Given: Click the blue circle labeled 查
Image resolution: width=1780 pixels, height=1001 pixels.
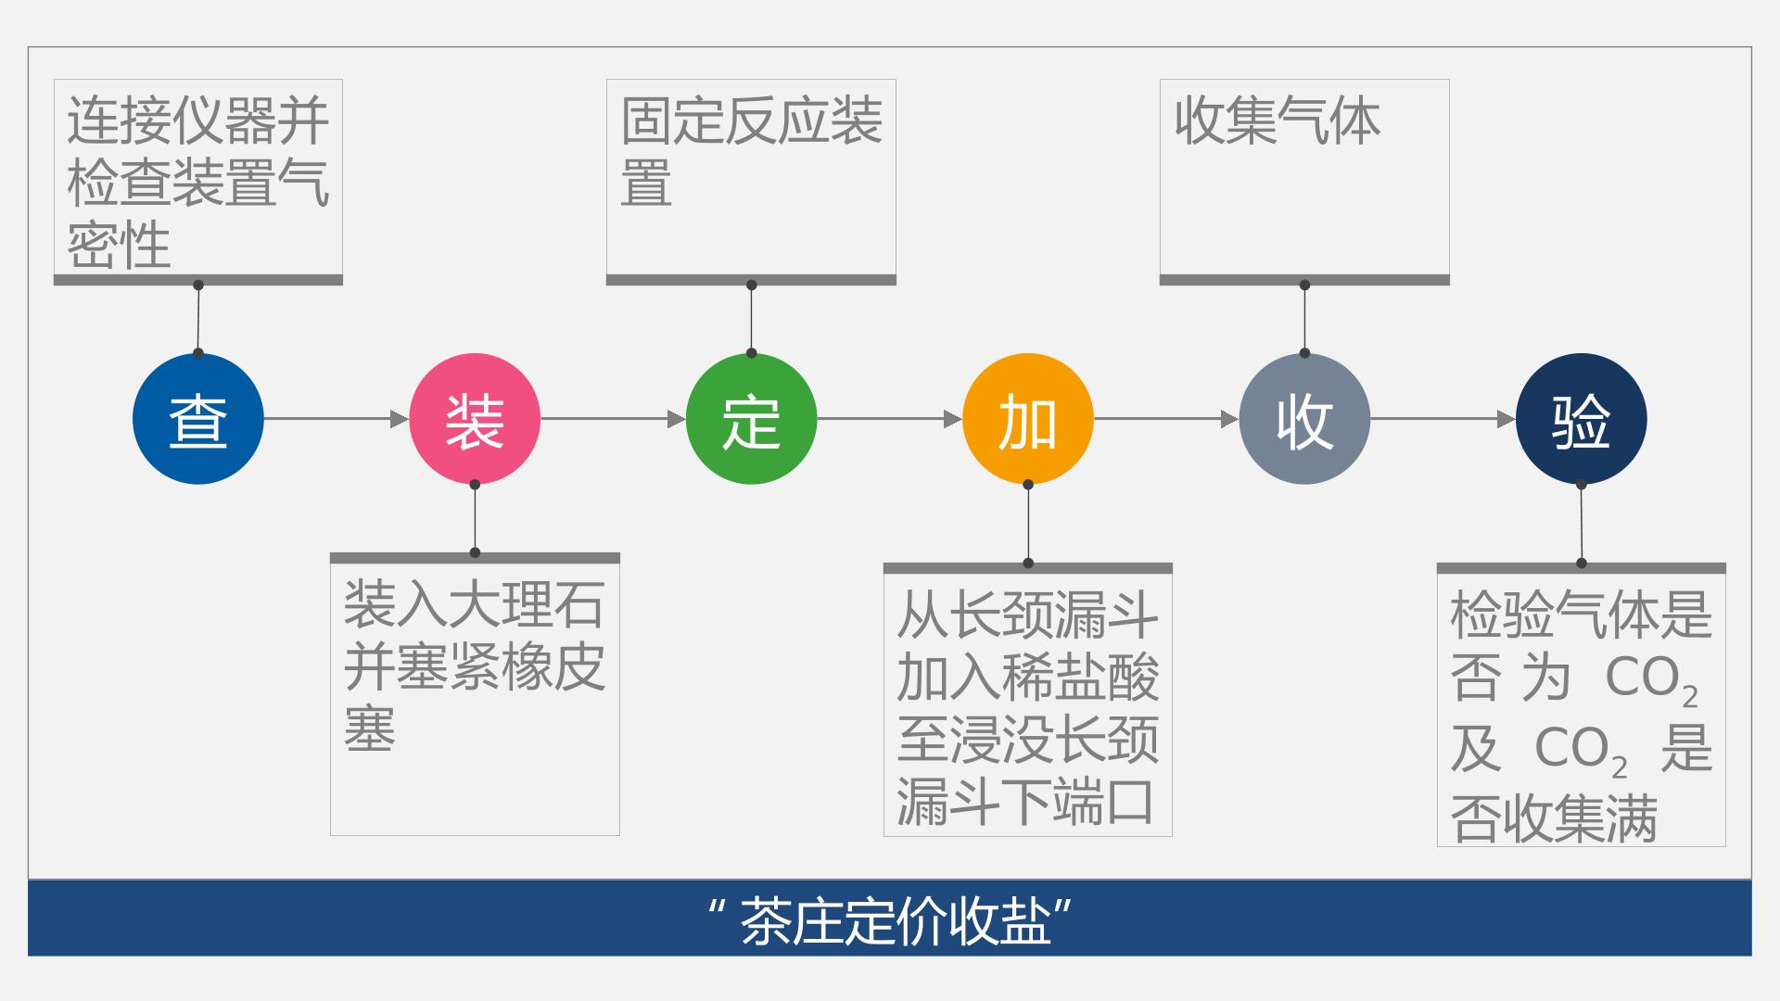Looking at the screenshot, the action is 198,419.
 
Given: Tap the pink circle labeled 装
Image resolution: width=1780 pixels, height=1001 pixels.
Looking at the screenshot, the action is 475,419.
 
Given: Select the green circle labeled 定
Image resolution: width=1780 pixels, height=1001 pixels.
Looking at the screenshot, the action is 751,419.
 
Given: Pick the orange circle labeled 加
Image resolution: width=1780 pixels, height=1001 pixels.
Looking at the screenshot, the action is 1027,419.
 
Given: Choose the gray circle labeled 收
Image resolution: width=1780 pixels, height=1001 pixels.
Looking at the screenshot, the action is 1304,419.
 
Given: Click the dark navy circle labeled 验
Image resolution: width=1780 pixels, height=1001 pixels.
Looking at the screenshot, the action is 1581,419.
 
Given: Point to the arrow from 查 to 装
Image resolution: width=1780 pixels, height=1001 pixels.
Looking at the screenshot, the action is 337,419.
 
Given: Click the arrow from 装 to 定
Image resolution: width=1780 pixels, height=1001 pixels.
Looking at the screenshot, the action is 613,419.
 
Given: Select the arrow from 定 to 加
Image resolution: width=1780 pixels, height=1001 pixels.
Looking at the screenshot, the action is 889,419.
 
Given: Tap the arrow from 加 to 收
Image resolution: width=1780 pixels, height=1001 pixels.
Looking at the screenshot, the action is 1165,419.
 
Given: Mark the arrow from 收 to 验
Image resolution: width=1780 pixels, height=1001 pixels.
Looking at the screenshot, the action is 1443,419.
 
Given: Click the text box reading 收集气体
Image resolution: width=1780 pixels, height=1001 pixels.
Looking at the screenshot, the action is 1304,182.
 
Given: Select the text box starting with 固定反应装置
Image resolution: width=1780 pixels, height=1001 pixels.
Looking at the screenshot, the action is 751,182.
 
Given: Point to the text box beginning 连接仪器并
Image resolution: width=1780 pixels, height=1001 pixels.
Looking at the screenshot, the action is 198,182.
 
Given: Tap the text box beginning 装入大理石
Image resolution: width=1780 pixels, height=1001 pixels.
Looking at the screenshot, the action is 475,694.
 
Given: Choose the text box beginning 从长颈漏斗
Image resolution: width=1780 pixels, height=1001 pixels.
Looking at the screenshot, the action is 1027,700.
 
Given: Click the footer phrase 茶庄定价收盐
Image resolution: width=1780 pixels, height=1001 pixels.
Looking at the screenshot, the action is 896,921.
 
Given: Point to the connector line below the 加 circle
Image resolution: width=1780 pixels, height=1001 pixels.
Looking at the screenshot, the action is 1027,524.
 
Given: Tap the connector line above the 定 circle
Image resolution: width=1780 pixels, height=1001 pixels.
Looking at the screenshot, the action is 751,319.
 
